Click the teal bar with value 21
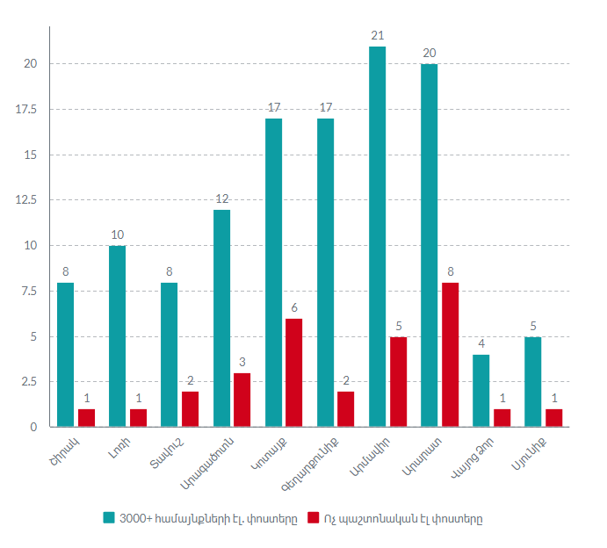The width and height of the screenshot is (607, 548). pos(377,237)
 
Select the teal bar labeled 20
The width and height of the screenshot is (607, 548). pos(429,246)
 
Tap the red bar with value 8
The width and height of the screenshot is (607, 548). pos(450,355)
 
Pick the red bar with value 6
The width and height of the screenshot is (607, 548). pos(294,372)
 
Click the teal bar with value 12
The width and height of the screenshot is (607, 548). pos(221,318)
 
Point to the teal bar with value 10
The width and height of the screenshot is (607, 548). pos(117,336)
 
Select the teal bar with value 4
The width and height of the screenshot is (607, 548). pos(481,391)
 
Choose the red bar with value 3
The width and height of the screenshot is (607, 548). pos(242,400)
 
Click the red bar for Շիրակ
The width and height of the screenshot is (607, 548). pos(86,418)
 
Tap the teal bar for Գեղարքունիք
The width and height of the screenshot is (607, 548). pos(325,273)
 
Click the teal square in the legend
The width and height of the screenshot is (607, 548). pos(109,517)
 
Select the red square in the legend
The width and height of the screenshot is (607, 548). pos(314,517)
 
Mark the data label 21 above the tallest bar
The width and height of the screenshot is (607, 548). pos(377,35)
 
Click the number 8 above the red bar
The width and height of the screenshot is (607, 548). pos(450,272)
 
